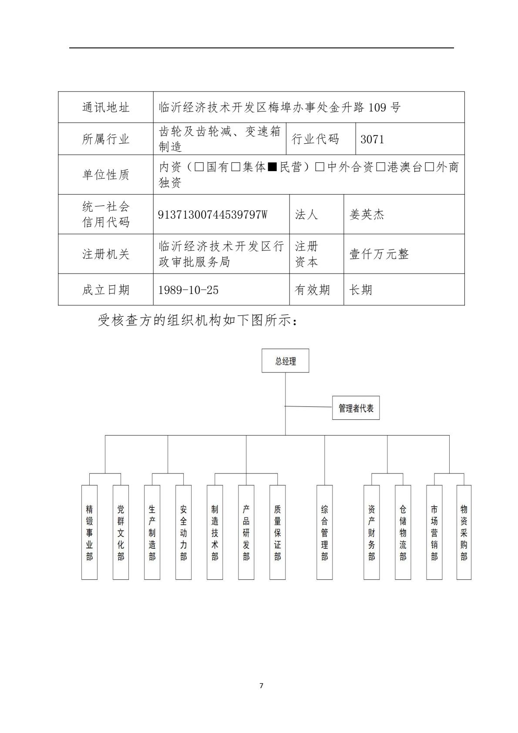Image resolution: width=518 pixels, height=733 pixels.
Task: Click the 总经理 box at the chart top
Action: pyautogui.click(x=285, y=361)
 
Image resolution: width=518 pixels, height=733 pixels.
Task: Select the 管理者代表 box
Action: pyautogui.click(x=356, y=408)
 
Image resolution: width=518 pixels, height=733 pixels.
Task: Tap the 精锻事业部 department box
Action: pyautogui.click(x=89, y=532)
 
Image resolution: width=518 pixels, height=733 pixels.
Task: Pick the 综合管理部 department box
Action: pyautogui.click(x=324, y=532)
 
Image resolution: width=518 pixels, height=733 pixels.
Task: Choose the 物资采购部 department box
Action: pyautogui.click(x=464, y=532)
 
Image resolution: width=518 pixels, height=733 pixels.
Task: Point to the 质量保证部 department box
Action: pyautogui.click(x=277, y=532)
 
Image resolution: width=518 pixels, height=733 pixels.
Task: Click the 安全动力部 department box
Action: pyautogui.click(x=183, y=532)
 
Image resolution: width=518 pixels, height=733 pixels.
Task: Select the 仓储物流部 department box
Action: pyautogui.click(x=403, y=532)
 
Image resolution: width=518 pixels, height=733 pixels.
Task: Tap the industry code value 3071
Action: pyautogui.click(x=372, y=139)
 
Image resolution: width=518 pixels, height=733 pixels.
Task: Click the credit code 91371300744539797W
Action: pyautogui.click(x=212, y=215)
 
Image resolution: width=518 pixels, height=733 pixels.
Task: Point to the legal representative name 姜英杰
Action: pyautogui.click(x=367, y=215)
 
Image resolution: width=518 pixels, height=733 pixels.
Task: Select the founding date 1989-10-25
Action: pyautogui.click(x=188, y=290)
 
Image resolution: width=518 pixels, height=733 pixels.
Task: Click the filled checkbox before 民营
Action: pyautogui.click(x=272, y=167)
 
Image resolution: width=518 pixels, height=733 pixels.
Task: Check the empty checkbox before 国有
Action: pyautogui.click(x=199, y=167)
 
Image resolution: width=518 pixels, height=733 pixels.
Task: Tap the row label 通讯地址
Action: pyautogui.click(x=106, y=108)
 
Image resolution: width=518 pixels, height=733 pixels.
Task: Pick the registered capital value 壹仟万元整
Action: pyautogui.click(x=379, y=254)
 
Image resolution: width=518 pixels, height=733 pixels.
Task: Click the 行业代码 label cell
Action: pyautogui.click(x=315, y=139)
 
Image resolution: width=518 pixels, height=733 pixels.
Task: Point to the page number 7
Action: pyautogui.click(x=261, y=686)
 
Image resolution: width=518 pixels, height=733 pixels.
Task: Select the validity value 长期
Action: pyautogui.click(x=360, y=290)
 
